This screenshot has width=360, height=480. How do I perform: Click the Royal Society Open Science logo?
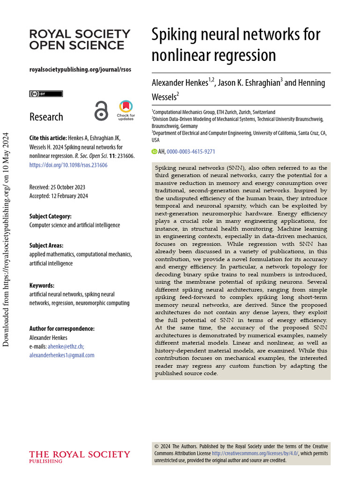pyautogui.click(x=80, y=39)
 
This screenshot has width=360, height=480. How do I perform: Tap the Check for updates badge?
pyautogui.click(x=126, y=110)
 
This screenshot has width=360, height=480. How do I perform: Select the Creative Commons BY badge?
pyautogui.click(x=46, y=94)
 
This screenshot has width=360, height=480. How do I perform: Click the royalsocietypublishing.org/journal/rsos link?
pyautogui.click(x=80, y=69)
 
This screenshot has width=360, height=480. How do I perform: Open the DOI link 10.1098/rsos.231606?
pyautogui.click(x=68, y=165)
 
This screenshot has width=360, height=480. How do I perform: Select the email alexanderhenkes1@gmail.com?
pyautogui.click(x=62, y=355)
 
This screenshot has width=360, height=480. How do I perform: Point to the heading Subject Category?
pyautogui.click(x=51, y=217)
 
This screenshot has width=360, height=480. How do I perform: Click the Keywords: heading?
pyautogui.click(x=42, y=285)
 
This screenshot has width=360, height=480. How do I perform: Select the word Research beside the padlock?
pyautogui.click(x=46, y=117)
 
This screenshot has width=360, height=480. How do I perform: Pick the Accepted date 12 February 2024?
pyautogui.click(x=70, y=196)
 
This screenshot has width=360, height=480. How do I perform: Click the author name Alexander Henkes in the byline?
pyautogui.click(x=180, y=83)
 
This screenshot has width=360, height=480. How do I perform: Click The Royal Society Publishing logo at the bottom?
pyautogui.click(x=80, y=456)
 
